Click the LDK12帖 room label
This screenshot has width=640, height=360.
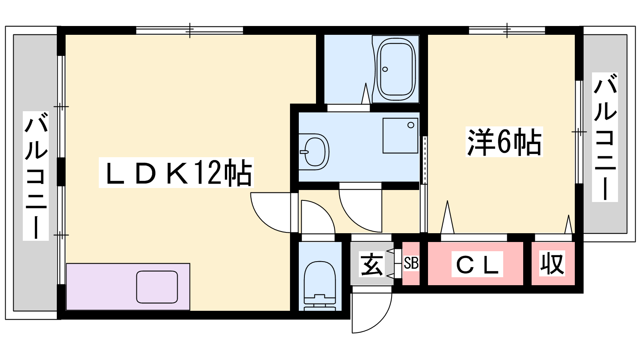pos(176,173)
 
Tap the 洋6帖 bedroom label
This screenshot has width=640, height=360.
pos(504,142)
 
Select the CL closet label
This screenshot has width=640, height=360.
pos(477,264)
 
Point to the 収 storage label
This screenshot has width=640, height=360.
pos(552,263)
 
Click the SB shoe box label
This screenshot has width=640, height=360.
pos(411,264)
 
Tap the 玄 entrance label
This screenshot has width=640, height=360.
pos(371,264)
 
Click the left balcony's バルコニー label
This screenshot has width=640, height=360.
pos(36,176)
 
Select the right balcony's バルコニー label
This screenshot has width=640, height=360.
pos(605,137)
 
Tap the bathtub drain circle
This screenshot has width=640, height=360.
pos(385,69)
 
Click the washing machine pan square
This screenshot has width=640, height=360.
pos(400,136)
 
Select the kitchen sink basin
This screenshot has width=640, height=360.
pos(157,287)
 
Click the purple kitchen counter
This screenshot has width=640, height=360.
pos(128,286)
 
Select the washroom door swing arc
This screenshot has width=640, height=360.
pos(352,218)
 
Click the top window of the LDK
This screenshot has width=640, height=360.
pos(190,30)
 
